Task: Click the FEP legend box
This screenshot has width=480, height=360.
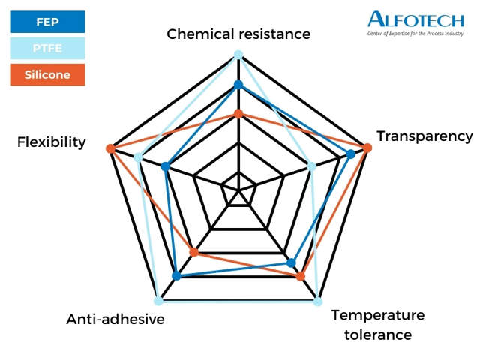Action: (47, 22)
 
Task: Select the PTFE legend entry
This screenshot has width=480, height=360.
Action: (47, 49)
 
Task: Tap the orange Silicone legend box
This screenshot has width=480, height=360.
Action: (47, 75)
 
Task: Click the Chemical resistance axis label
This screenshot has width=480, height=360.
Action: (238, 34)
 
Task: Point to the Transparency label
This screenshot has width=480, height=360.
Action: (424, 136)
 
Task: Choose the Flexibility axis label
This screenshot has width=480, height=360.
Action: (52, 142)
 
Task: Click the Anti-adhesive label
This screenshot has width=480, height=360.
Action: (115, 319)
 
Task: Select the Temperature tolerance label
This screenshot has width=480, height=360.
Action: (378, 324)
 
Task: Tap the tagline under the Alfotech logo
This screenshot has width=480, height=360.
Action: (416, 34)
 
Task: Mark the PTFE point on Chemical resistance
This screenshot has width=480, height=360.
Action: (238, 54)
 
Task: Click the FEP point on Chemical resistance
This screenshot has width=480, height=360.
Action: (238, 84)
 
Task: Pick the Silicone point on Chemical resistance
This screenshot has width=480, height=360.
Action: (238, 114)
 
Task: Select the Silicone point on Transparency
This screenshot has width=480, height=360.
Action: (367, 147)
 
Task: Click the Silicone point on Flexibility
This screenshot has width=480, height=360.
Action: (110, 148)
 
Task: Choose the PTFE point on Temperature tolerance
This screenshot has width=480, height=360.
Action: (318, 301)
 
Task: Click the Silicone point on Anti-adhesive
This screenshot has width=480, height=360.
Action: (193, 252)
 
